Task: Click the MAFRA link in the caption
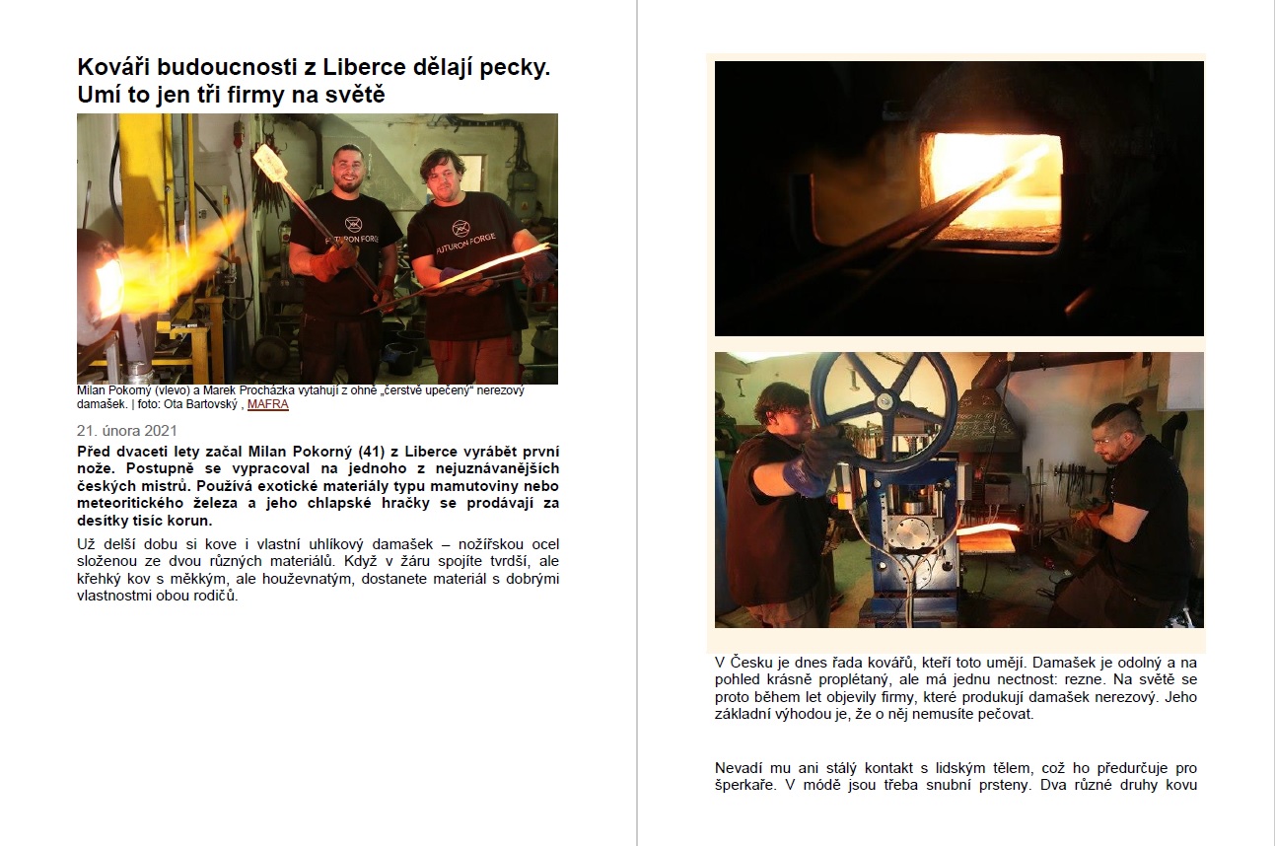[268, 404]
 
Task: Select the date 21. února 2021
[127, 431]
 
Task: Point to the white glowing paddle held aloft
[270, 163]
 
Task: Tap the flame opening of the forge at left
[108, 283]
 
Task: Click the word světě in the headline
[355, 95]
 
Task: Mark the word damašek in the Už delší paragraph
[402, 544]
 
